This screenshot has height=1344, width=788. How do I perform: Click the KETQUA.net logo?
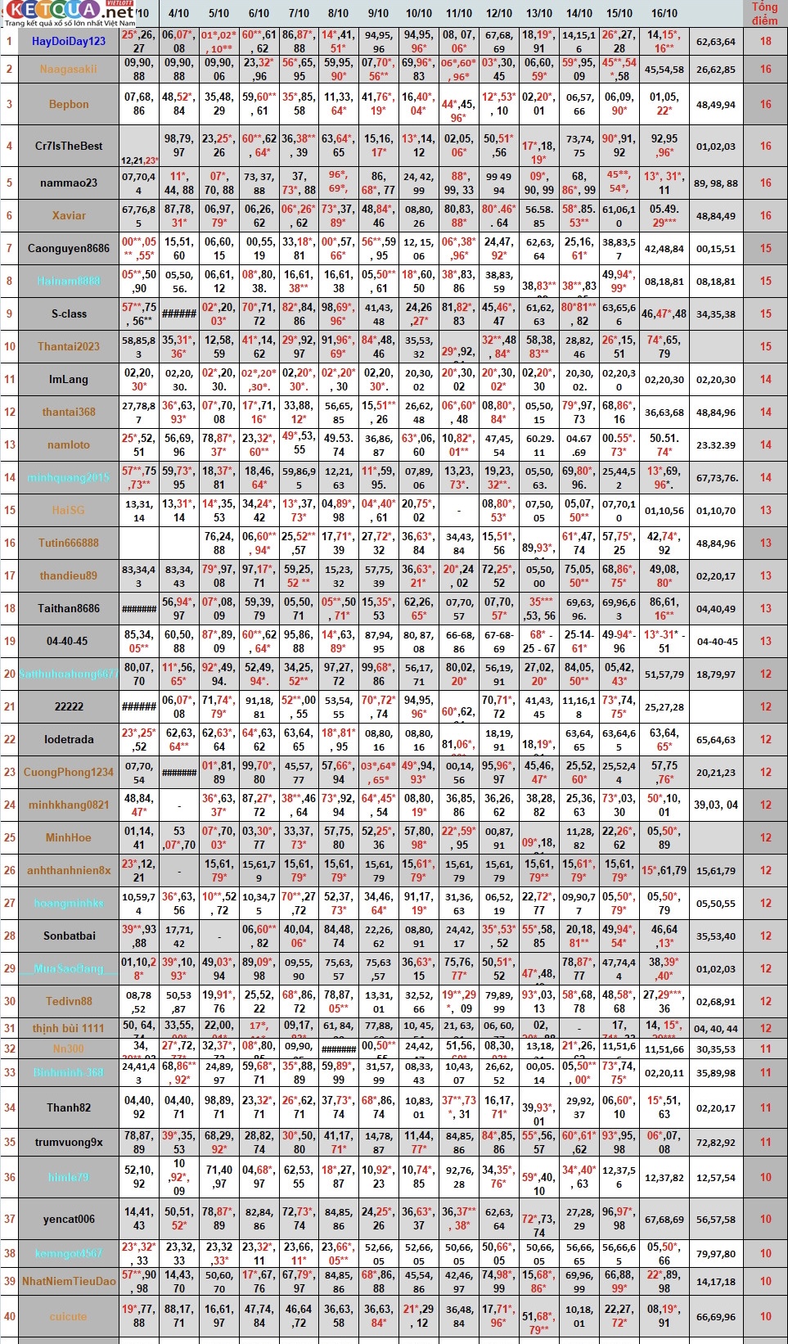click(x=69, y=11)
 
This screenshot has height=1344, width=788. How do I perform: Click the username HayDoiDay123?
click(x=69, y=41)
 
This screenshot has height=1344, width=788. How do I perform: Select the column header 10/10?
click(x=419, y=13)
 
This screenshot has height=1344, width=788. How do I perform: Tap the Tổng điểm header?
click(x=764, y=13)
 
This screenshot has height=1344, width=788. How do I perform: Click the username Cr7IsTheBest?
click(x=69, y=146)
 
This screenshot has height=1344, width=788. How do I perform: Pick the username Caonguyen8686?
click(x=69, y=248)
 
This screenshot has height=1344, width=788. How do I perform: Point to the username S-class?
click(x=69, y=313)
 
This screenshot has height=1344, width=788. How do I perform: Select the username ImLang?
click(x=69, y=379)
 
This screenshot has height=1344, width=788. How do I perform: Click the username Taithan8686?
click(x=69, y=608)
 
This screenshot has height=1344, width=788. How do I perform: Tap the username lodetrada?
click(x=69, y=739)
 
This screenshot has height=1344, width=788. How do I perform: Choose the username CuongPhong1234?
click(x=69, y=772)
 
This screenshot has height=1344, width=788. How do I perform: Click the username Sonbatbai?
click(x=69, y=936)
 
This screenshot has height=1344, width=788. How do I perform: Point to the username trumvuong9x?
click(x=69, y=1142)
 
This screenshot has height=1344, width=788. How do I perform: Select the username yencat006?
click(x=69, y=1219)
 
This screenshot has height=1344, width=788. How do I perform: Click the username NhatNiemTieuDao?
click(x=69, y=1281)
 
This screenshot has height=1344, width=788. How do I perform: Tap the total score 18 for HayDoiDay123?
click(x=765, y=41)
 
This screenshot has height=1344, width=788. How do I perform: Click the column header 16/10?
click(x=664, y=13)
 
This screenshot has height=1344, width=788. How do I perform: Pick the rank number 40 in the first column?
click(x=10, y=1316)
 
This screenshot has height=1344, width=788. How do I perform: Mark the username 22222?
click(x=69, y=706)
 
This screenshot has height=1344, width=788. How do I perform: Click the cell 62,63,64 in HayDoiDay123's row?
click(x=716, y=41)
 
